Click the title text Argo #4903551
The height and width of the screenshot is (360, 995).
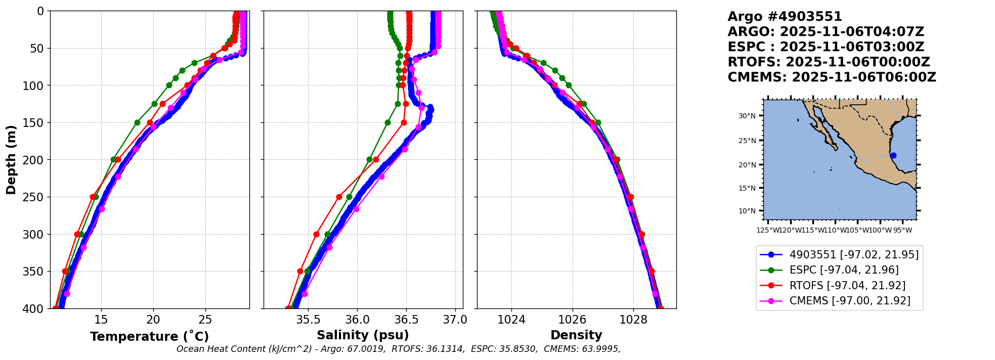[785, 17]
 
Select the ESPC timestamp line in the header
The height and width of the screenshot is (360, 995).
[826, 47]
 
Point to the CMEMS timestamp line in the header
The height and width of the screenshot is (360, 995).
[832, 77]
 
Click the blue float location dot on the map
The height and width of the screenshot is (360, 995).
[893, 155]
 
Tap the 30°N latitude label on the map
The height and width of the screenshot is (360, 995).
[747, 116]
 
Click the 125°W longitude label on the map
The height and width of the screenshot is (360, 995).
[767, 231]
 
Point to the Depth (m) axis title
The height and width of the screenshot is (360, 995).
[11, 159]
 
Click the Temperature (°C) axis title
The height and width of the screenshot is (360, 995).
[149, 337]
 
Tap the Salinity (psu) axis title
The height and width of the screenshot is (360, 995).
[363, 335]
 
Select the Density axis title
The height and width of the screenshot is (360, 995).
[576, 335]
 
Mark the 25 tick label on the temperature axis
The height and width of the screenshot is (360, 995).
[205, 319]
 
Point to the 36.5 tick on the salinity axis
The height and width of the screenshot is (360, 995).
[406, 319]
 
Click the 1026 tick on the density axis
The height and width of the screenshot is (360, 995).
[573, 319]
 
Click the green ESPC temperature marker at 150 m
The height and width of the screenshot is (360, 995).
[137, 122]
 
